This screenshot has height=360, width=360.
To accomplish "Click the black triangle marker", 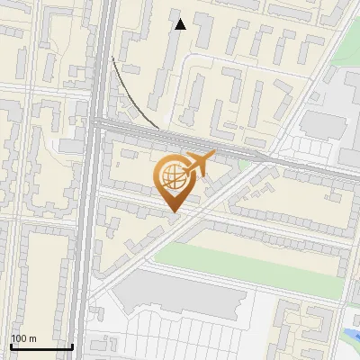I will point(180,24).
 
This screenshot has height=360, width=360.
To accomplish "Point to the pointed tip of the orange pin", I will point(172,212).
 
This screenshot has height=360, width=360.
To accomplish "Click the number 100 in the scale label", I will point(19,338).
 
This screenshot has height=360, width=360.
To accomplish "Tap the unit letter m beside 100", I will point(32,338).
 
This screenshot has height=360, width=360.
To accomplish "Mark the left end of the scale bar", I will point(11,346).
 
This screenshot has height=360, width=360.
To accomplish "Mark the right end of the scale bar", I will point(73,346).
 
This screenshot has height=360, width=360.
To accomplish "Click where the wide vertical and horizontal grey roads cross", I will point(99,127).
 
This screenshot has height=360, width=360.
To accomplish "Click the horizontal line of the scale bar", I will point(41,346).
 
